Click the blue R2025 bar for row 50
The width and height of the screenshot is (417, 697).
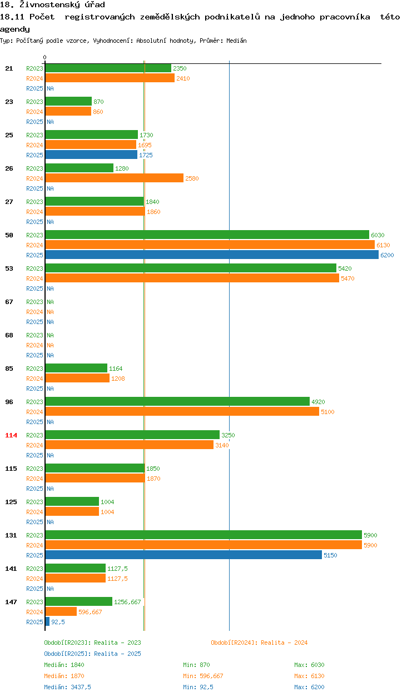tap(211, 255)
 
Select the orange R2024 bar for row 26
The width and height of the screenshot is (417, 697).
tap(114, 178)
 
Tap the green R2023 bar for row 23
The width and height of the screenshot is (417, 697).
tap(68, 102)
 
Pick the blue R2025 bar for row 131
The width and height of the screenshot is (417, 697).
tap(183, 555)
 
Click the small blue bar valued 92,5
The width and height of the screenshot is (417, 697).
tap(47, 622)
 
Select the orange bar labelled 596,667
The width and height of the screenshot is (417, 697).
tap(61, 612)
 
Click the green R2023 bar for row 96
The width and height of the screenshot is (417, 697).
tap(177, 402)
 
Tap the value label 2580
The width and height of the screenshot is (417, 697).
tap(192, 178)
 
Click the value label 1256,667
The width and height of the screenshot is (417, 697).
tap(127, 602)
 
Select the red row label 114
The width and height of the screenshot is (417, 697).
tap(11, 435)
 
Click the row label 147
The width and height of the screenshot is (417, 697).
tap(11, 602)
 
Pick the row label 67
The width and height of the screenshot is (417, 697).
tap(9, 302)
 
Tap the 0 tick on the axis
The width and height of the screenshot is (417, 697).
tap(45, 57)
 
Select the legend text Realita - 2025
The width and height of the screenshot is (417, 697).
tap(117, 654)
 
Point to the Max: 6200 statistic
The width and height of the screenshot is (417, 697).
tap(309, 687)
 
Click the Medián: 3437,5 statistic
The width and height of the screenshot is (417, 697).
tap(67, 687)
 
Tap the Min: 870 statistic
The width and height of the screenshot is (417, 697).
tap(196, 665)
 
